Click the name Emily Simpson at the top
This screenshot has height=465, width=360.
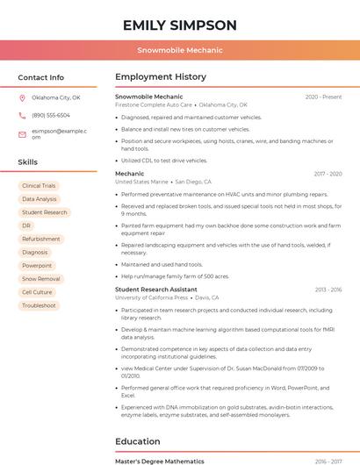[180, 25]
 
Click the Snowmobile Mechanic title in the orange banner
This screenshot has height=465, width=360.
[180, 50]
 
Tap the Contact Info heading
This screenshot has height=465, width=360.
[41, 77]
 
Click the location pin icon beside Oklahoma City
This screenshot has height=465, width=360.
[23, 97]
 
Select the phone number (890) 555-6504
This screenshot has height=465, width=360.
[51, 115]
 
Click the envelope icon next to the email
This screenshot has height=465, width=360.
[23, 134]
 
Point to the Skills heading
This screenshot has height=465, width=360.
[28, 162]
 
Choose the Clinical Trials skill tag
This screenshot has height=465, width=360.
[39, 186]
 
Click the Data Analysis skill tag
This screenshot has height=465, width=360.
[40, 199]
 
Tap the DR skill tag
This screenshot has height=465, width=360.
[26, 225]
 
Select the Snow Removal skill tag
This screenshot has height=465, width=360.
[41, 279]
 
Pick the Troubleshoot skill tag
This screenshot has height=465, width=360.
[39, 305]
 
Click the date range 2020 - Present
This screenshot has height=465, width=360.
[323, 97]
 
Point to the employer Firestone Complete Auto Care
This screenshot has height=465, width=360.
[154, 104]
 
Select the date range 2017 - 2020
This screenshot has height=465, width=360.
[327, 174]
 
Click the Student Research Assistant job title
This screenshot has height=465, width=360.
[156, 290]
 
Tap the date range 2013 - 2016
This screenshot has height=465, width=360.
[328, 290]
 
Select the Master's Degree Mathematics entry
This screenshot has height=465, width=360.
[160, 461]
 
